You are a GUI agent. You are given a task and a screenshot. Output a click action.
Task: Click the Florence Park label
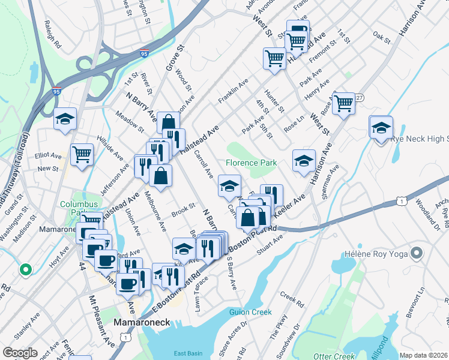[x=252, y=163]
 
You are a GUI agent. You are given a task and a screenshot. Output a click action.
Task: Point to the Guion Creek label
[x=250, y=312]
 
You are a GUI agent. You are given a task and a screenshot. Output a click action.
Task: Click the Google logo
[x=20, y=353]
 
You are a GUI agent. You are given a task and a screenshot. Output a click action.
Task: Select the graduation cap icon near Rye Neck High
[x=381, y=128]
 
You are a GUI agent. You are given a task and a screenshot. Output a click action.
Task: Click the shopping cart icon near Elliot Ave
[x=82, y=154]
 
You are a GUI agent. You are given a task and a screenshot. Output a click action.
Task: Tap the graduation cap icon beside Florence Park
[x=304, y=160]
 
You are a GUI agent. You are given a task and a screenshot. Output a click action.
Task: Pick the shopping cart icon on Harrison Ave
[x=344, y=103]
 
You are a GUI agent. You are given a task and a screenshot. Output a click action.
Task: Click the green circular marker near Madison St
[x=25, y=270]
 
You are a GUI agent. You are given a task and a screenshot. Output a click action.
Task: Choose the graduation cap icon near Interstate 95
[x=65, y=119]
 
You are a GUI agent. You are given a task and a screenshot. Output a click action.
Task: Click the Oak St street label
[x=381, y=37]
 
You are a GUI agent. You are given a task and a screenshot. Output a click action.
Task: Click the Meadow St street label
[x=130, y=121]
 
